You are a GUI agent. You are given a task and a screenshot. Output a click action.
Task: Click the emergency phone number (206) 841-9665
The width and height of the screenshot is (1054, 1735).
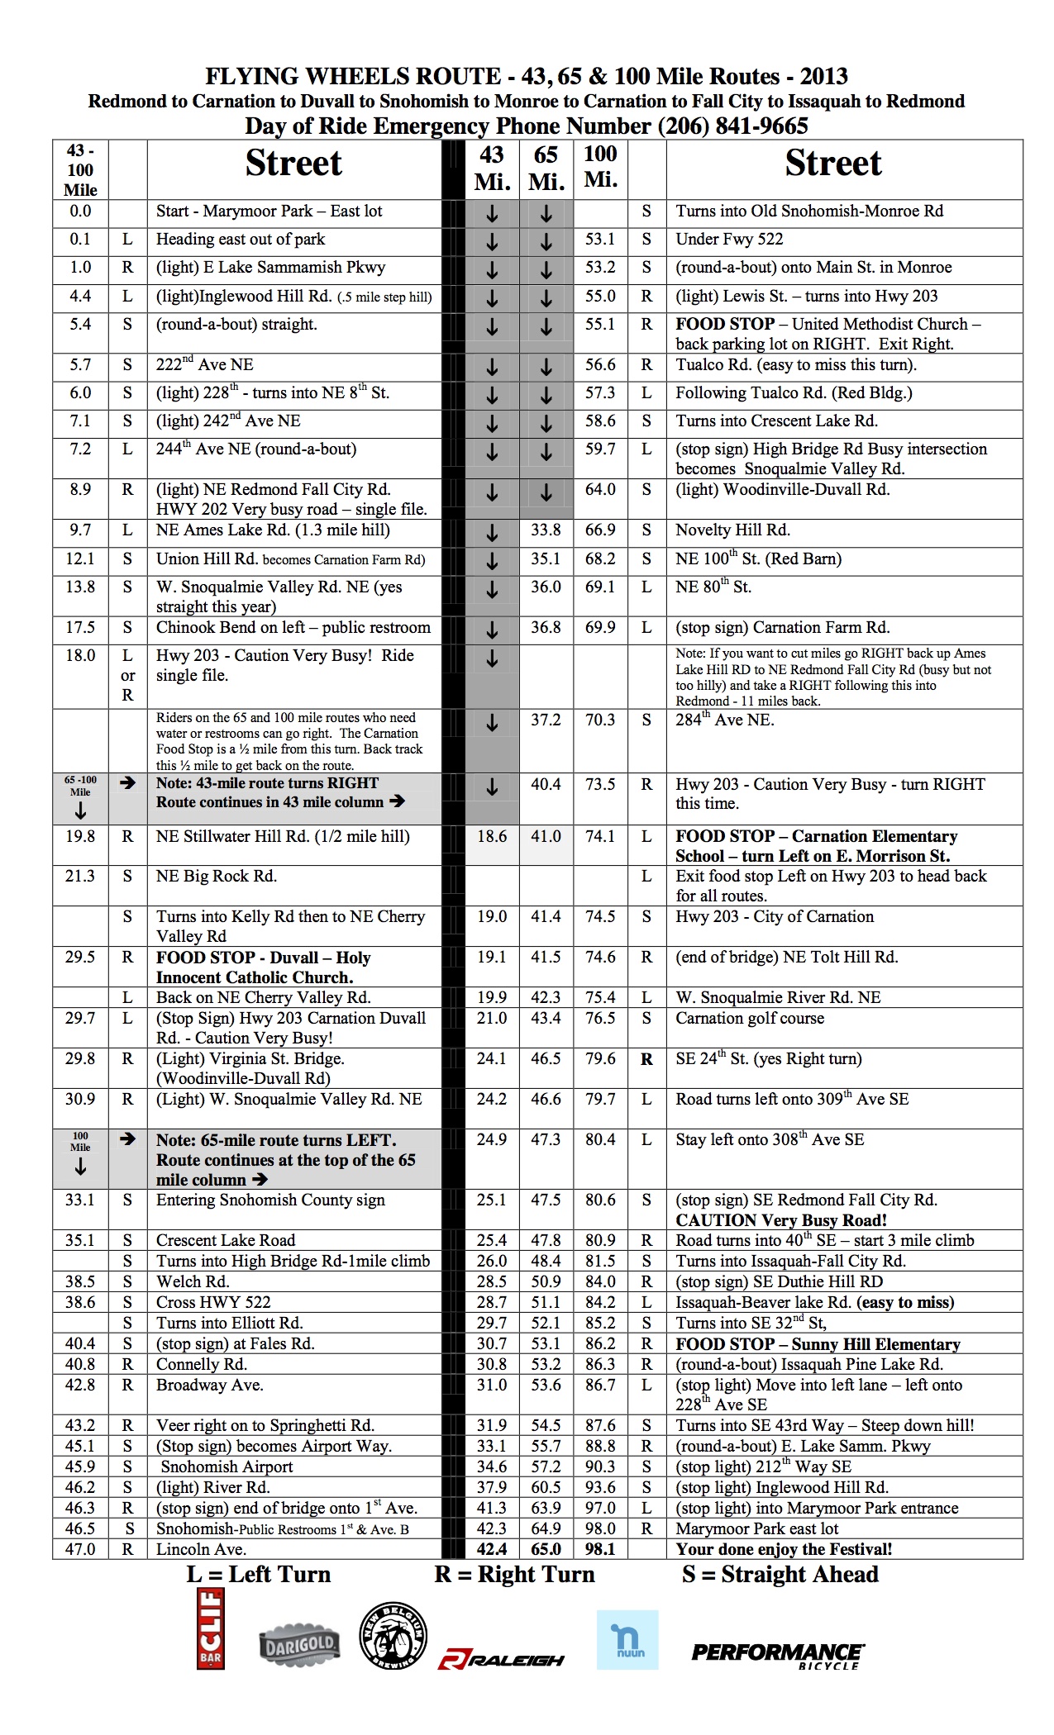point(732,126)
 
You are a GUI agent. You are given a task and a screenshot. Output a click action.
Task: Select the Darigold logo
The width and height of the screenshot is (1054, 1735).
point(298,1646)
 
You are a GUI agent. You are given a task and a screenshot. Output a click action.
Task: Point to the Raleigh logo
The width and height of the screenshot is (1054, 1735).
point(501,1658)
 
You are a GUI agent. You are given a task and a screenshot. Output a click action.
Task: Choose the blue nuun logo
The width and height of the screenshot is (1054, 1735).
point(627,1639)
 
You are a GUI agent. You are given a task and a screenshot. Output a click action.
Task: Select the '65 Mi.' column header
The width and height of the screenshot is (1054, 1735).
point(546,169)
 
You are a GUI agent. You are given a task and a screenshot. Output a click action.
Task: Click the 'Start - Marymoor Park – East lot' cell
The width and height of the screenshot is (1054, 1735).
point(269,212)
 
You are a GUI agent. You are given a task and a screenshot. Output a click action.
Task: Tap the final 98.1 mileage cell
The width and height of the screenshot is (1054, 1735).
point(600,1549)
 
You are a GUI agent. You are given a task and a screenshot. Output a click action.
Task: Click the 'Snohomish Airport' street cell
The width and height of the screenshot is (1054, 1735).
point(227,1466)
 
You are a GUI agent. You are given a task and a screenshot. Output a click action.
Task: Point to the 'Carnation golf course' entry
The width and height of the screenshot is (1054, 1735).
point(750,1018)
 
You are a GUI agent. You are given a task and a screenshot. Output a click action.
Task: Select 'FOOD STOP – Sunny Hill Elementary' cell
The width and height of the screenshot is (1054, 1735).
point(818,1344)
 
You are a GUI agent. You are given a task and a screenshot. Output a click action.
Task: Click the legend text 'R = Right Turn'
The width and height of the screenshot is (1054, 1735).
point(514,1575)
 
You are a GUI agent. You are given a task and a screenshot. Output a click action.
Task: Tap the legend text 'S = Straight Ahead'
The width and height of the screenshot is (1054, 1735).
point(780,1575)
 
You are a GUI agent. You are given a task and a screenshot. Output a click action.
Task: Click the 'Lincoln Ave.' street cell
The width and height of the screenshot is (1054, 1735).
point(201,1549)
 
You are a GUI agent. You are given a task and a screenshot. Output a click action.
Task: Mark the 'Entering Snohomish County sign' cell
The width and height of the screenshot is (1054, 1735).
point(270,1200)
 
